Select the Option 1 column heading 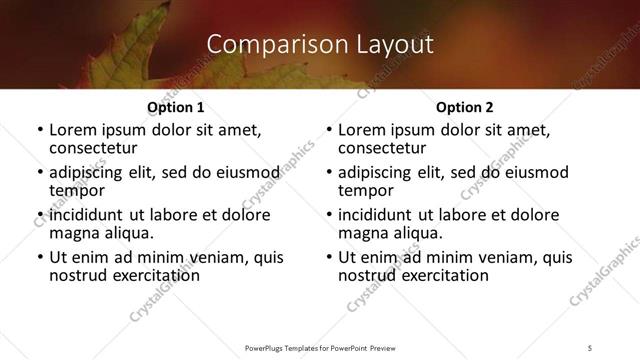pos(175,106)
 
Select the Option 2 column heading pos(465,106)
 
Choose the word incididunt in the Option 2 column pos(381,215)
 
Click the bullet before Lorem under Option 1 pos(40,130)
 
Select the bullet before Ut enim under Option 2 pos(329,257)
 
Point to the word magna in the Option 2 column pos(364,233)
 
